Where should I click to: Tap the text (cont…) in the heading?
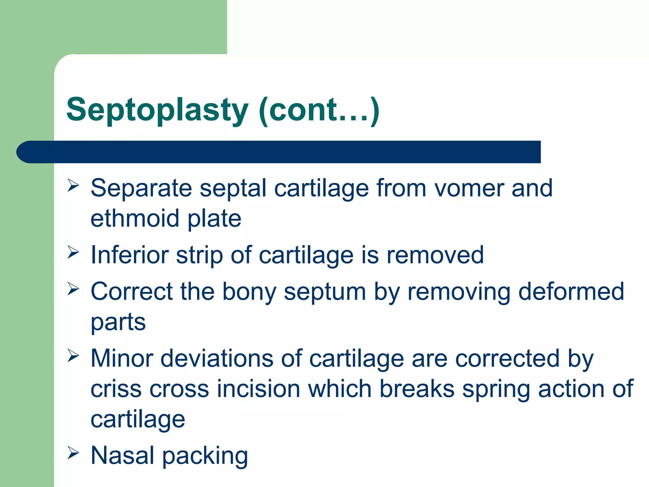[x=319, y=110]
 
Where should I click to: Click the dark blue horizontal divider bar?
[x=279, y=152]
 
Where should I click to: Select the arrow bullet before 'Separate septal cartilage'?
[x=73, y=185]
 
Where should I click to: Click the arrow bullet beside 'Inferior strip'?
[x=73, y=252]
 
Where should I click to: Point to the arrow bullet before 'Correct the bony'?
[x=73, y=289]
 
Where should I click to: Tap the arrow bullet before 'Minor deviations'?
[x=73, y=356]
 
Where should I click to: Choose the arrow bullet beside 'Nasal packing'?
[x=73, y=453]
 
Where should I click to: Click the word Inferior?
[x=129, y=255]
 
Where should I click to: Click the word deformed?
[x=571, y=292]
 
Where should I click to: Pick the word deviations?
[x=217, y=359]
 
